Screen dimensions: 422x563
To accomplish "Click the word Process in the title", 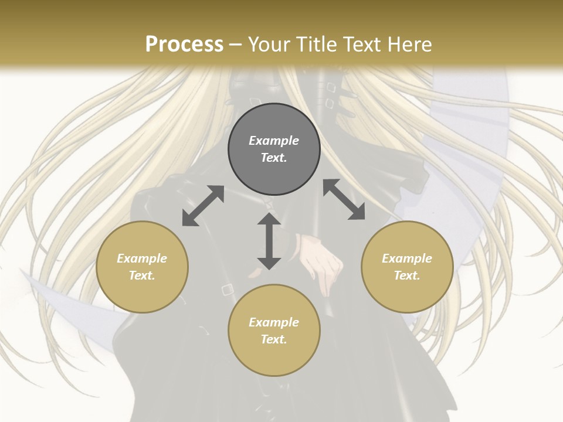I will coord(184,45).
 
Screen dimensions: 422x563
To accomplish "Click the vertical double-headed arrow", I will coord(269,241).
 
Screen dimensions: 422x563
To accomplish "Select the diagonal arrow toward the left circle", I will coord(203,206).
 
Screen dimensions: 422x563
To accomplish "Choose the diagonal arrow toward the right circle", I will coord(344,200).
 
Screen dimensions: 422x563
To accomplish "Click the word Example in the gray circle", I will coord(274,141).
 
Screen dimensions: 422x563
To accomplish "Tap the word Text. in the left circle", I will coord(142,275).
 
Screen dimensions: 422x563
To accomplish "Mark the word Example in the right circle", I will coord(407,258).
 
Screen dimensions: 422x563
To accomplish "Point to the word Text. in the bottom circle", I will coord(274,339).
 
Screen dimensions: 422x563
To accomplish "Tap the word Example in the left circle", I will coord(142,258).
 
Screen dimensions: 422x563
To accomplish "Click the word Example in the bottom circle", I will coord(274,322).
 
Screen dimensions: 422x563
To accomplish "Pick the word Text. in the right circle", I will coord(407,275).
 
